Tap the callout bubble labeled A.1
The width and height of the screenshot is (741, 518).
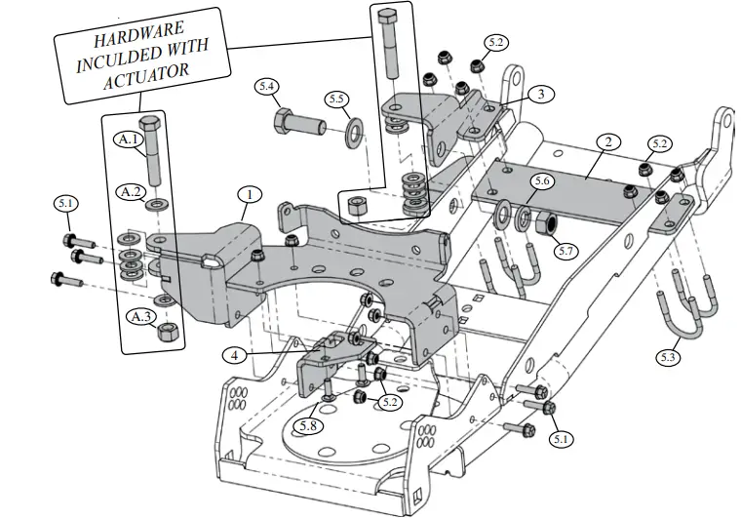coord(130,139)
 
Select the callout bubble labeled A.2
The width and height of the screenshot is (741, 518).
coord(132,191)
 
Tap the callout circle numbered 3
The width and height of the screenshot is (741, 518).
coord(540,95)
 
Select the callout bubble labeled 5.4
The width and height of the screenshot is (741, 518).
coord(268,87)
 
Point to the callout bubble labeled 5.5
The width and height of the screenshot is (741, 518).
coord(337,100)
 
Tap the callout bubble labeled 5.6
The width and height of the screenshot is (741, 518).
coord(542,181)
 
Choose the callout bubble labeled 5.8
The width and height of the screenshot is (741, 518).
coord(309,426)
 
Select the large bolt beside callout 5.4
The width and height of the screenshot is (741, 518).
coord(298,123)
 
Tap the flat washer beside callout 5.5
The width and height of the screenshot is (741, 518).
coord(352,128)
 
